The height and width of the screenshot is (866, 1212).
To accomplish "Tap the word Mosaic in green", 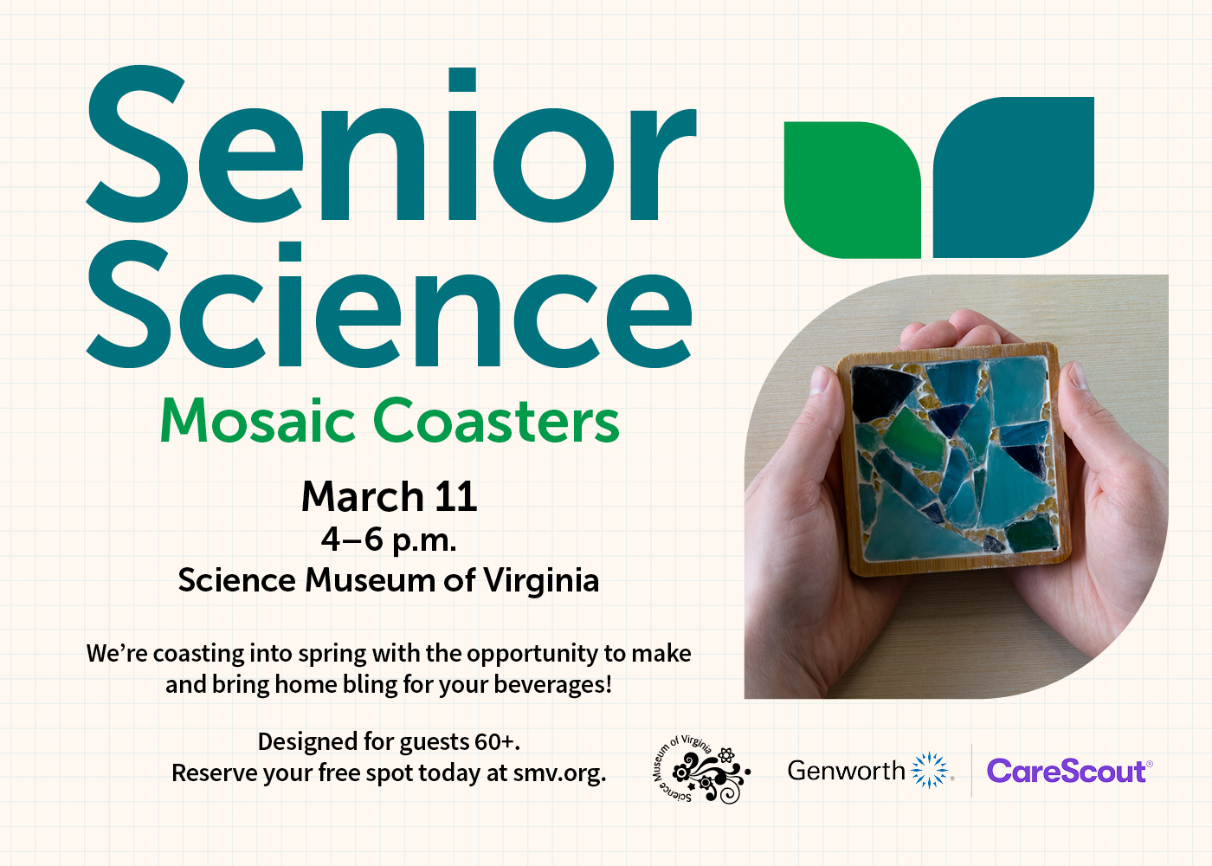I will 257,422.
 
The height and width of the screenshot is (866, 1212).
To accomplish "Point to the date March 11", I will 389,497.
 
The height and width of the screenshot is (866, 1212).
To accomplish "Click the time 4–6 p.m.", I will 389,540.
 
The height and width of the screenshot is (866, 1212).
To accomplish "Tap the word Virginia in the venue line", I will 541,580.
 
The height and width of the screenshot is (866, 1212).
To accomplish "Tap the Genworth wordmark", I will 846,771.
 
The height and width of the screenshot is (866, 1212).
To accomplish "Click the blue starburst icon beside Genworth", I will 930,770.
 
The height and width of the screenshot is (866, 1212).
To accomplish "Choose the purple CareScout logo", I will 1068,771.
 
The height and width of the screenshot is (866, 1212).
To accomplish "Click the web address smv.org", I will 558,773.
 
